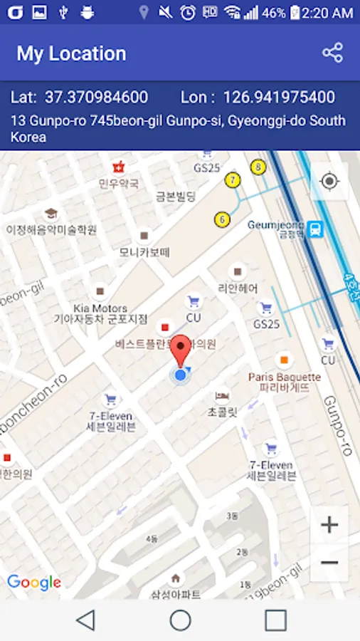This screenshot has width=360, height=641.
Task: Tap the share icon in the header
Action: pyautogui.click(x=332, y=53)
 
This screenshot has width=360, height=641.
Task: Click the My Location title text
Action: pyautogui.click(x=71, y=53)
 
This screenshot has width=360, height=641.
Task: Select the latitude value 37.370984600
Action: pyautogui.click(x=96, y=98)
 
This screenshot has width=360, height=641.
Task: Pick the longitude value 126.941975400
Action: pyautogui.click(x=279, y=98)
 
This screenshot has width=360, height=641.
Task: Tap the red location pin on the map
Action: pyautogui.click(x=181, y=349)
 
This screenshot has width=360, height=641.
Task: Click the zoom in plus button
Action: pyautogui.click(x=329, y=526)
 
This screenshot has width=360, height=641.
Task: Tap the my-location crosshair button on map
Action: pyautogui.click(x=329, y=181)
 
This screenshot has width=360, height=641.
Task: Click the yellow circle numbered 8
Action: pyautogui.click(x=258, y=167)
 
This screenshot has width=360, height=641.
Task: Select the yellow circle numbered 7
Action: pyautogui.click(x=232, y=179)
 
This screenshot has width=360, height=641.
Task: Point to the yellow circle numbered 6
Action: pyautogui.click(x=223, y=219)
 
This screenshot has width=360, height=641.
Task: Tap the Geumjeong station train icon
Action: pyautogui.click(x=316, y=229)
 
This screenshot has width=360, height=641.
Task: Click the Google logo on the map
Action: pyautogui.click(x=34, y=583)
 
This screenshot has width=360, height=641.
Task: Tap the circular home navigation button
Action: pyautogui.click(x=180, y=620)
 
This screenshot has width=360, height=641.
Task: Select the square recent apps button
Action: pyautogui.click(x=275, y=620)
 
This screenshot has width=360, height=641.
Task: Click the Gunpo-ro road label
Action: pyautogui.click(x=337, y=424)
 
